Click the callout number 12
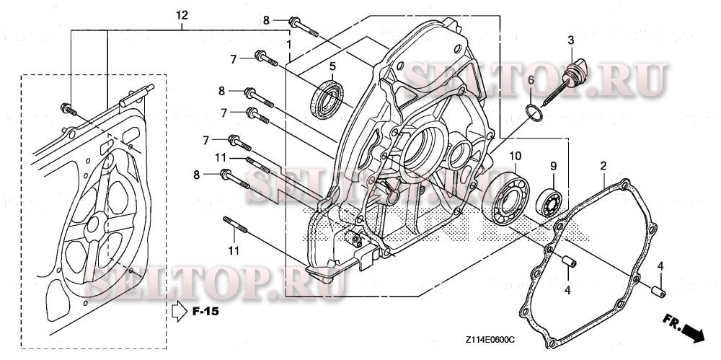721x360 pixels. pyautogui.click(x=182, y=15)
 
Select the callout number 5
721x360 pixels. pyautogui.click(x=332, y=67)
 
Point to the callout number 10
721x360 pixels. pyautogui.click(x=515, y=157)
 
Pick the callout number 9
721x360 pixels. pyautogui.click(x=554, y=167)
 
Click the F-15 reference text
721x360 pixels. pyautogui.click(x=205, y=312)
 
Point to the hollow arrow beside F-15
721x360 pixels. pyautogui.click(x=179, y=312)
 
